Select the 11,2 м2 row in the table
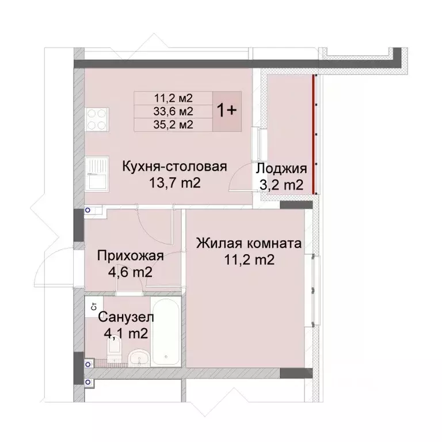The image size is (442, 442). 173,98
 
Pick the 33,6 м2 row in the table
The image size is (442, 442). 173,110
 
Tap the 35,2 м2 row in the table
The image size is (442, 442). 173,123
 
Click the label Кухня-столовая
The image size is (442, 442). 175,167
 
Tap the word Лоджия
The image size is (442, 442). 281,169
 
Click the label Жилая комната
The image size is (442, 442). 248,244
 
